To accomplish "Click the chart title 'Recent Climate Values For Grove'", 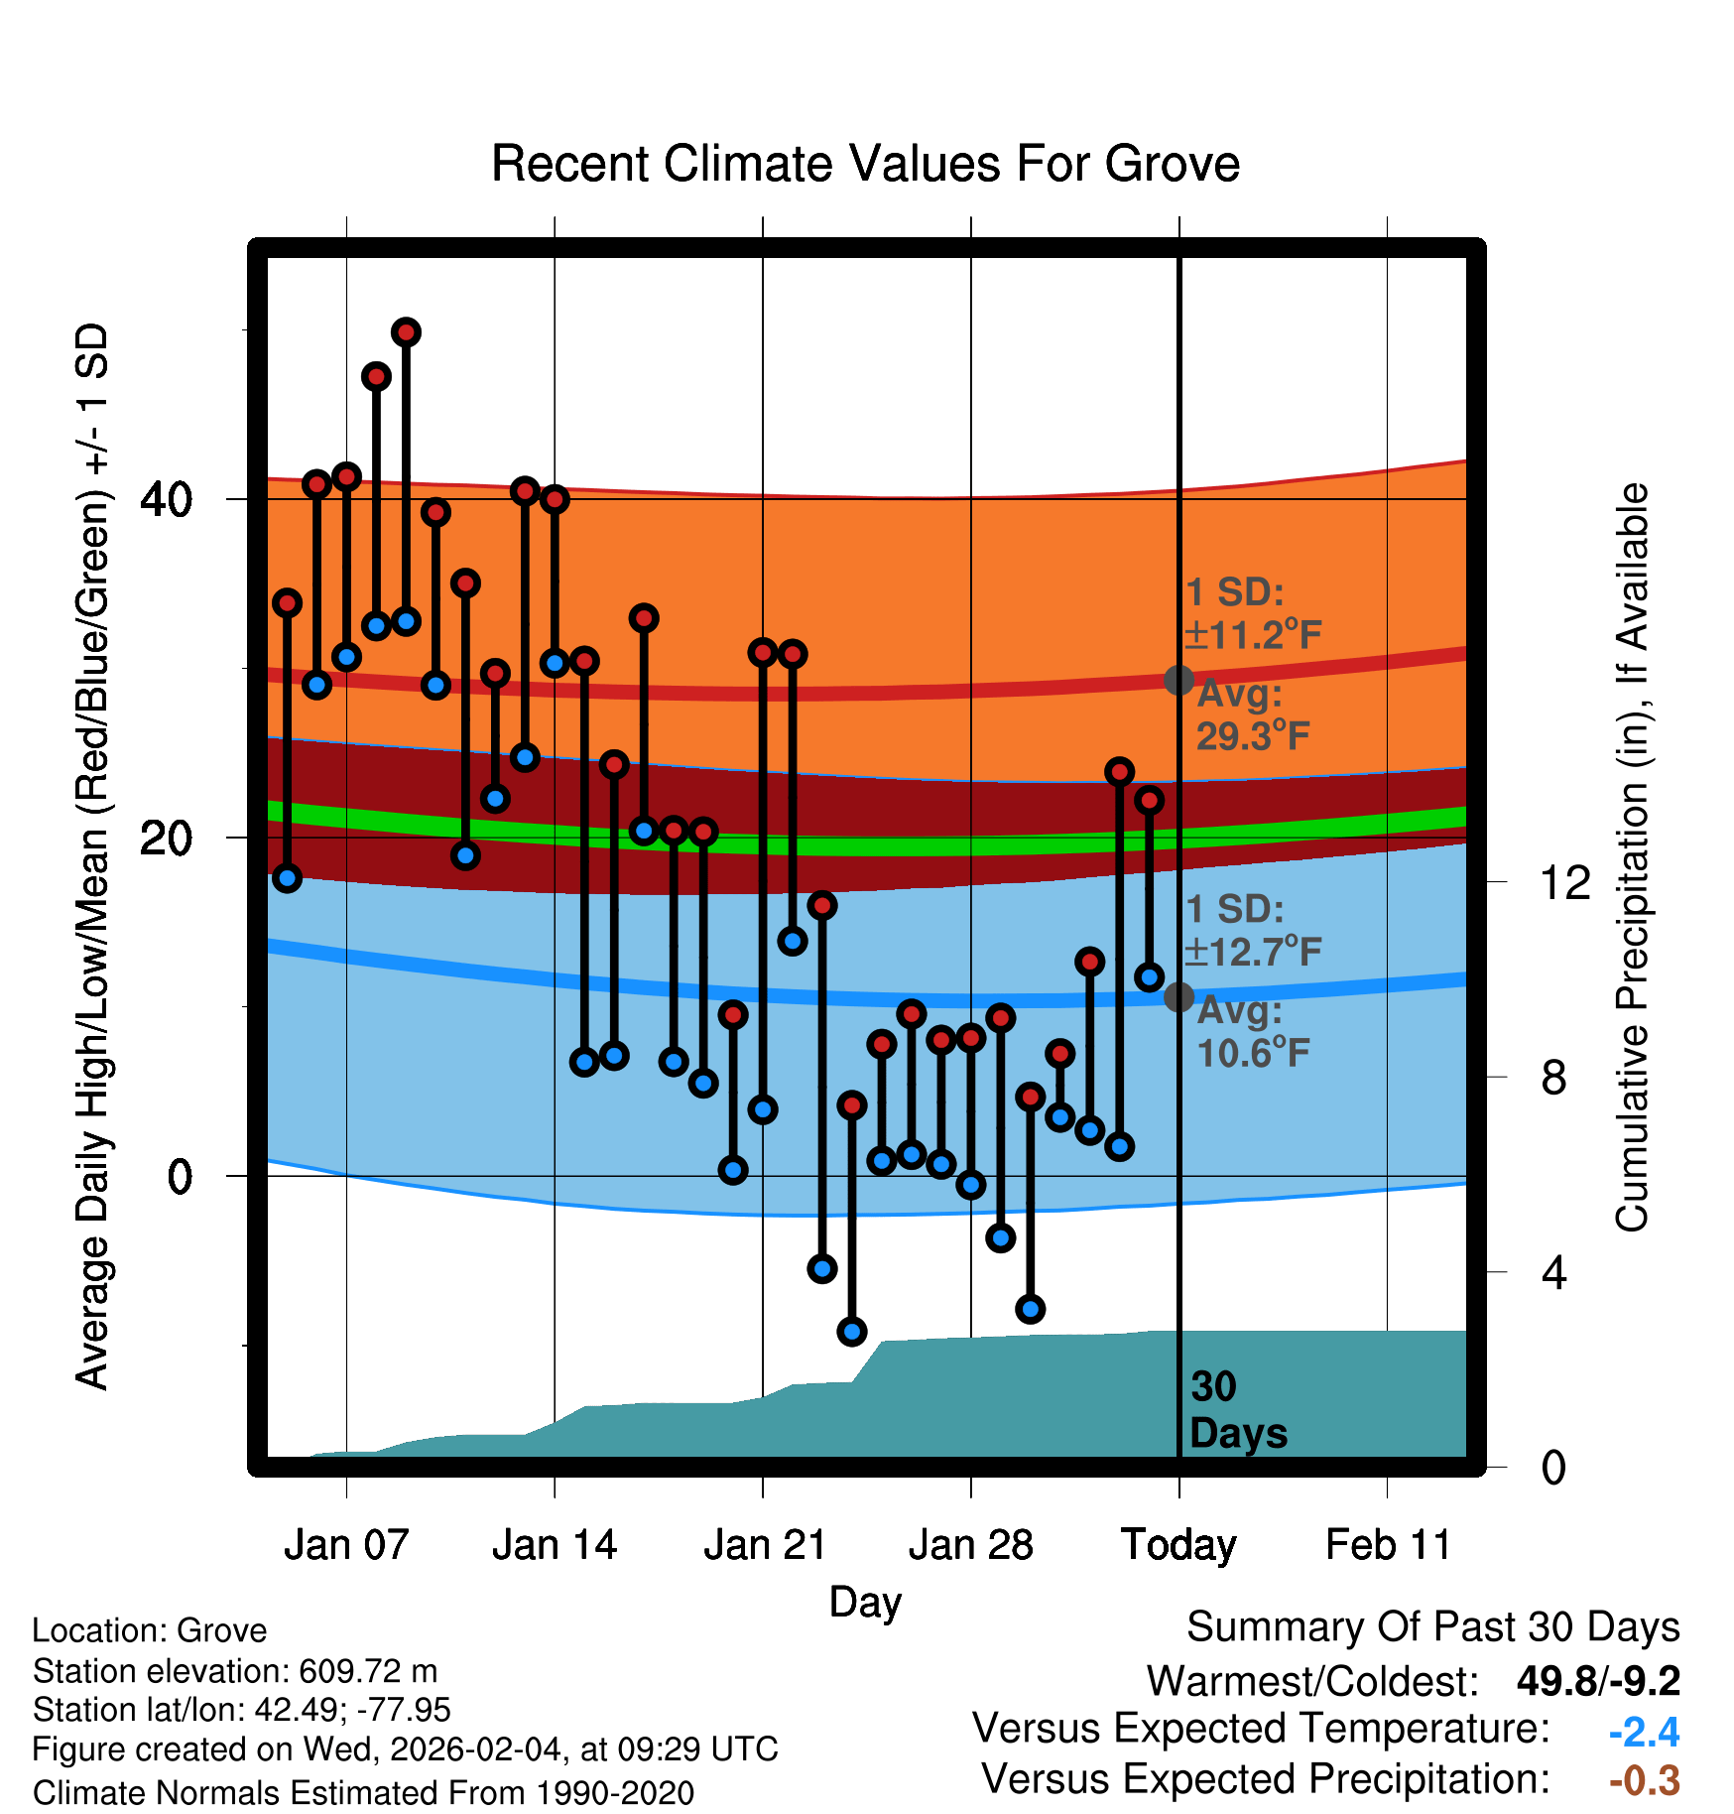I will [x=865, y=164].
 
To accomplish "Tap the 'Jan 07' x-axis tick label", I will [x=346, y=1545].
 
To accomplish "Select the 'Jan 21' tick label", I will [x=764, y=1545].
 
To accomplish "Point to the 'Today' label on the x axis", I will [x=1178, y=1545].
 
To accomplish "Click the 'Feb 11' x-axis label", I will [x=1388, y=1545].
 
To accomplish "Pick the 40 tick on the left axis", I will [x=166, y=499].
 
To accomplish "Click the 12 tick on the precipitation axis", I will [x=1565, y=882].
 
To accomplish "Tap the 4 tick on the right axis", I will [x=1553, y=1272].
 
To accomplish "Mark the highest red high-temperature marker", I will [x=406, y=332].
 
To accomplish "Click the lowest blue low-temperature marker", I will [x=852, y=1332].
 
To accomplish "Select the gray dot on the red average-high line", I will [x=1178, y=680].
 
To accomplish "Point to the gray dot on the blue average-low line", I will [x=1178, y=997].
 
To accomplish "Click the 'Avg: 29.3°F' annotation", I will [x=1252, y=715].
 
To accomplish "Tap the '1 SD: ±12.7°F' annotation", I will [x=1252, y=931].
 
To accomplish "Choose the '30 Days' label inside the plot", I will [x=1237, y=1410].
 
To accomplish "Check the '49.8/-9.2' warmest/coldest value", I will [x=1597, y=1681].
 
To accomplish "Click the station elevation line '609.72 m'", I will [x=235, y=1671].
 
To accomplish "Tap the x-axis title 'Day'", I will [x=865, y=1602].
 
